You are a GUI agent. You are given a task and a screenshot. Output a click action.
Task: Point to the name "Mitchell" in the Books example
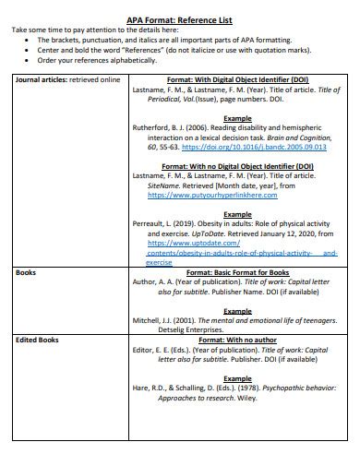coord(150,319)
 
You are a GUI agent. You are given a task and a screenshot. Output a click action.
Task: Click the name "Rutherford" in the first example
coord(156,127)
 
